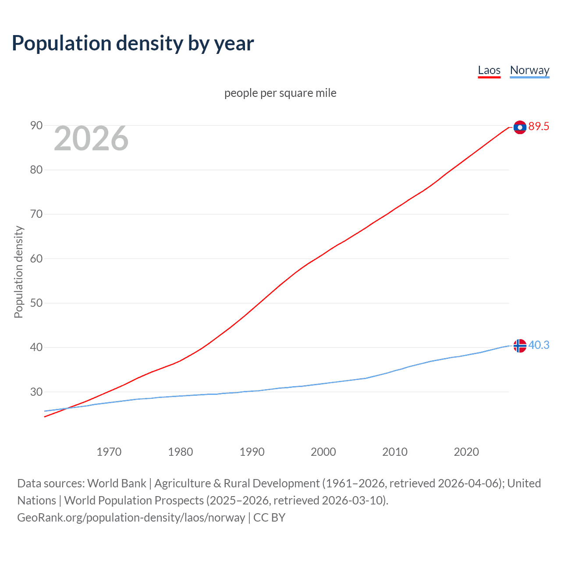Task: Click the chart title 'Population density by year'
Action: (133, 43)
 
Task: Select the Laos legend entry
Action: (489, 71)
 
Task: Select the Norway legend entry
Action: (529, 71)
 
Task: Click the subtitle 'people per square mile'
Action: (280, 93)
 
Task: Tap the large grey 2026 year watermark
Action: (91, 138)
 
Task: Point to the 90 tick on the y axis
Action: (36, 126)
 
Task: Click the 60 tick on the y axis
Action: (36, 259)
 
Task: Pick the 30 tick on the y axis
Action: (36, 392)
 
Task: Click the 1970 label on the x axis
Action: (109, 452)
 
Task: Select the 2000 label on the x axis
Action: (323, 452)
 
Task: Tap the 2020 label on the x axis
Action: (466, 452)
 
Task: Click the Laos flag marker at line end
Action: (520, 127)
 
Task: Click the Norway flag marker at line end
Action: (520, 346)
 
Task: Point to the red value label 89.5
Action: (539, 127)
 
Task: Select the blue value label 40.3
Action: (539, 345)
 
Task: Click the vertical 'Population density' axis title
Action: (18, 272)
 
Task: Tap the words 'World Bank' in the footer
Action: (117, 483)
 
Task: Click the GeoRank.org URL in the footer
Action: (131, 518)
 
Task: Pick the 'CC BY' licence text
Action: (269, 518)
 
